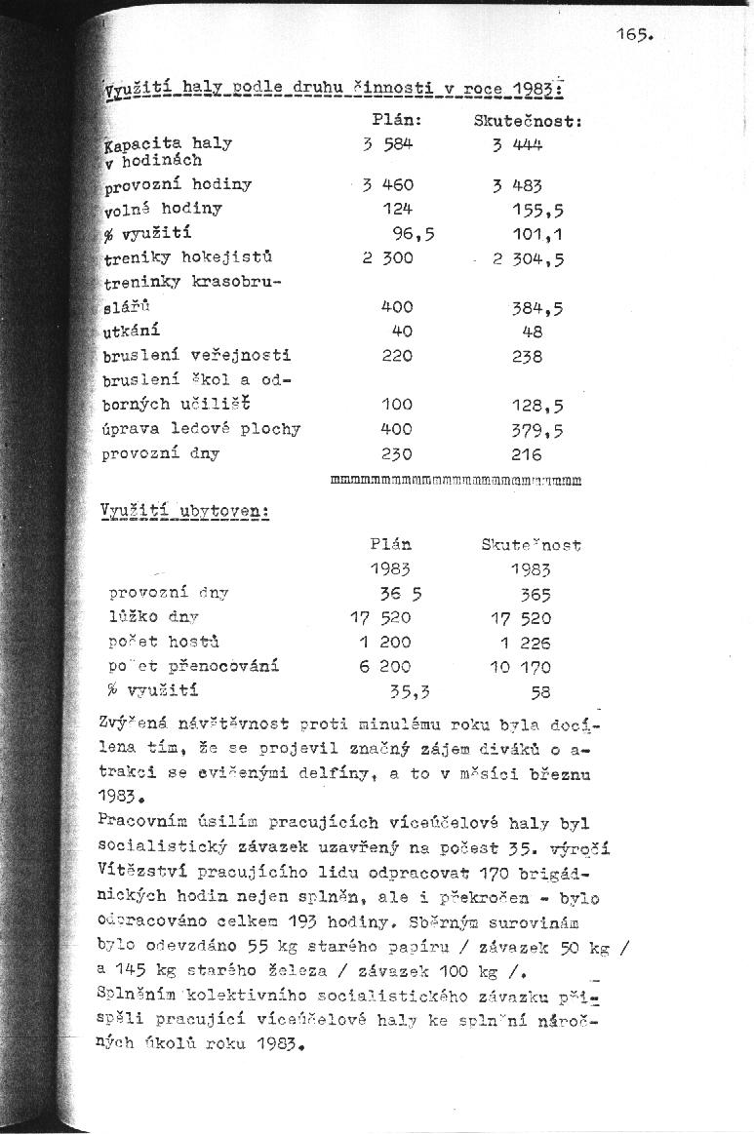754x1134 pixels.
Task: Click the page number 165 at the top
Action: tap(632, 35)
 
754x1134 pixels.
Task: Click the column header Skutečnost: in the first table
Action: tap(528, 122)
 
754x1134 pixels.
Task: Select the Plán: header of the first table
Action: tap(397, 120)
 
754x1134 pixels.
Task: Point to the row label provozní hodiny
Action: tap(178, 183)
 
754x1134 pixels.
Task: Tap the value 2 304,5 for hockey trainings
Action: tap(529, 259)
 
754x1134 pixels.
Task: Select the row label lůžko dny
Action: tap(153, 617)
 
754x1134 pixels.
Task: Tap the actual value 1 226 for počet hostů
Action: tap(526, 643)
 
